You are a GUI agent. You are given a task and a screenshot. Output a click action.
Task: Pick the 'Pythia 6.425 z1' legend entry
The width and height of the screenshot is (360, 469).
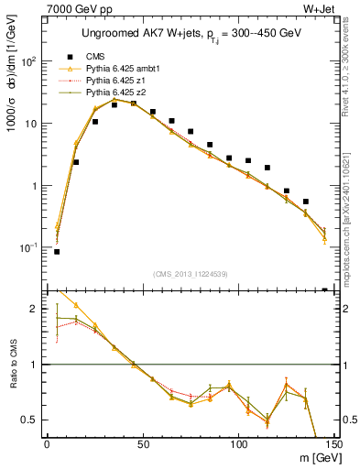(120, 81)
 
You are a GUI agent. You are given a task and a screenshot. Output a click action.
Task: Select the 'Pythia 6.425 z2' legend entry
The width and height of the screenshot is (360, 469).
(120, 93)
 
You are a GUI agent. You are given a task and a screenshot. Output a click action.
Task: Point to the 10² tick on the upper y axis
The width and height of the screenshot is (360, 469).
(28, 60)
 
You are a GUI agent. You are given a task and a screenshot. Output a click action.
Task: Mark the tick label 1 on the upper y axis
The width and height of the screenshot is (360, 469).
(35, 186)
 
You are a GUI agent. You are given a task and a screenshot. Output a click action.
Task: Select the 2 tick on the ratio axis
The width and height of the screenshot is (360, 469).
(36, 310)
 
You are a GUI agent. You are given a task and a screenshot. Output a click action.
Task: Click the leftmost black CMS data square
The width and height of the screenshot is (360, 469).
(57, 251)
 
